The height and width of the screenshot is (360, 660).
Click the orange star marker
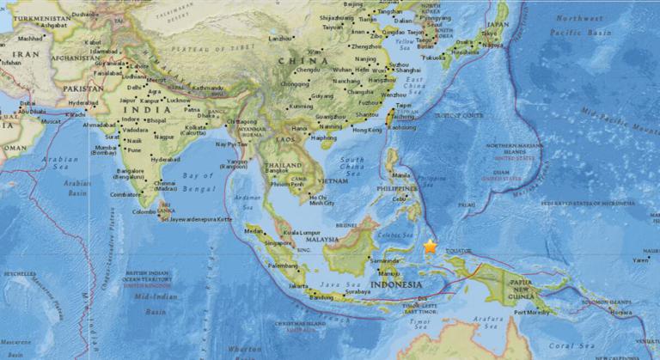pos(430,247)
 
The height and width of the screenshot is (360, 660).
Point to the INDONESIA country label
pos(395,284)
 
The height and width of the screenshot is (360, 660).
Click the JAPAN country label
pos(498,26)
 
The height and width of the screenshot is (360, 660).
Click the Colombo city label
pos(144,211)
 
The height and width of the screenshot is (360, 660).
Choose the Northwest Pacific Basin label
pos(580,24)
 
